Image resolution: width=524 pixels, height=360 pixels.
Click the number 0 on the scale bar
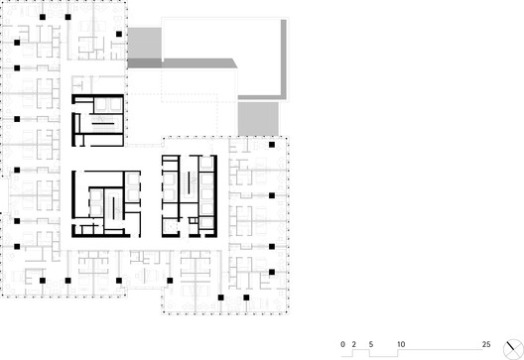pos(342,344)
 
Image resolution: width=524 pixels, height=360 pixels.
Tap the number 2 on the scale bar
pos(354,344)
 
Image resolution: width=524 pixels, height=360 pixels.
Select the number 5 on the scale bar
pos(371,344)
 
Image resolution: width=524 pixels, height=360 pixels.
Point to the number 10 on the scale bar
pos(401,344)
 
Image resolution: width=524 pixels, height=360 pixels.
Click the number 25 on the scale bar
pos(486,344)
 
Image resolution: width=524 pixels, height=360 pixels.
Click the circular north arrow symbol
pos(513,350)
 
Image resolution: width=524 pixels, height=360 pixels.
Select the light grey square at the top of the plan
pos(145,43)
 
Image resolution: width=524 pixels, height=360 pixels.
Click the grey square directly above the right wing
pos(258,119)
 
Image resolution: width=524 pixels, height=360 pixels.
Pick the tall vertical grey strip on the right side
pos(284,60)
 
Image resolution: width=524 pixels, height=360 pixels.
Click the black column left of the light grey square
pos(119,34)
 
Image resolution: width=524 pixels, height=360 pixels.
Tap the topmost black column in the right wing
pos(272,145)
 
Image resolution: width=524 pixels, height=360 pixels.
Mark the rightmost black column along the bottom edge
pos(246,298)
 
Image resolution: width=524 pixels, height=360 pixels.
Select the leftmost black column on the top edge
pos(43,17)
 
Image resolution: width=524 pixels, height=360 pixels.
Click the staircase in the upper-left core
pos(103,123)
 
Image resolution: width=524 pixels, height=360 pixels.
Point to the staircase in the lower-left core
pos(115,208)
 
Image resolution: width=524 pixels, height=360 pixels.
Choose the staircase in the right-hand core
pos(190,182)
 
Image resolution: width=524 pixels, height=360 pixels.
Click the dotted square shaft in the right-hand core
pos(171,227)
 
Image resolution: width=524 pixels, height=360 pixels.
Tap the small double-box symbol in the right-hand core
pos(194,220)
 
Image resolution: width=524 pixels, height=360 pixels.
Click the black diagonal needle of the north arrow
pos(510,346)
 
